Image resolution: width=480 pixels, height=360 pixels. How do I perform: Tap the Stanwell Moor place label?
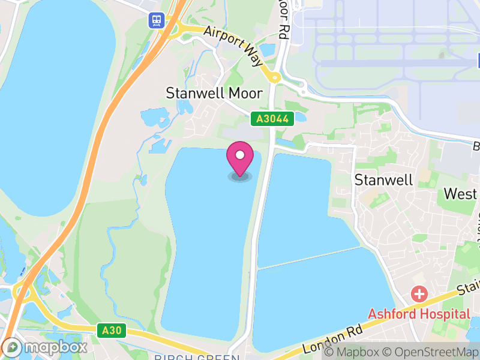214,93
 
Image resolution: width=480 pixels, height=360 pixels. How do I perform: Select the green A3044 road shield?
273,119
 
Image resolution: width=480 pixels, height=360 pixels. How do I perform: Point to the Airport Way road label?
233,45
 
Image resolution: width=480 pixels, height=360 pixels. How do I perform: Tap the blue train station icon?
157,21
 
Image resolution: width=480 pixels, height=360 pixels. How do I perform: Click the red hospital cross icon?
419,295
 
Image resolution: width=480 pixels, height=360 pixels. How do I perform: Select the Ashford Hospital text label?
419,314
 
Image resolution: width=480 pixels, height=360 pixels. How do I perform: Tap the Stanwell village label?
383,179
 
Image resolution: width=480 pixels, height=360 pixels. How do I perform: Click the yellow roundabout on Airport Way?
274,77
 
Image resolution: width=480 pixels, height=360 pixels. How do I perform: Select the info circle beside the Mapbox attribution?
328,352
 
